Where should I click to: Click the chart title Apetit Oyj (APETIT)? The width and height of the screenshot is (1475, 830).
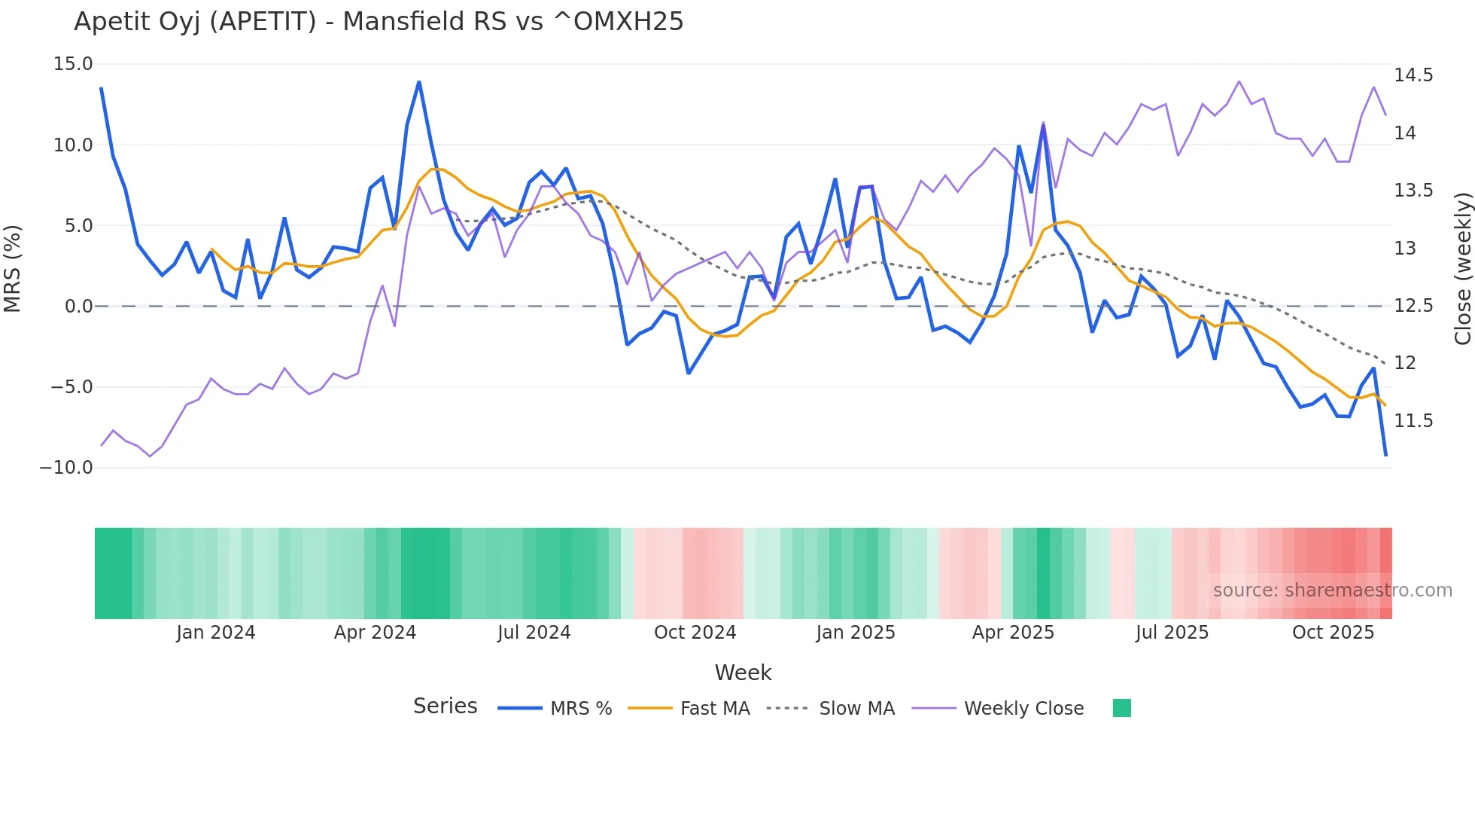(379, 22)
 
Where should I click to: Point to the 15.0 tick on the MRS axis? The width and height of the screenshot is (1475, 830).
(73, 64)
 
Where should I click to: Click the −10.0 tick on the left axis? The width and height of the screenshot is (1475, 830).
(66, 468)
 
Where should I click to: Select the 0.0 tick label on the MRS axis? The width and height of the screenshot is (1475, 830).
(78, 307)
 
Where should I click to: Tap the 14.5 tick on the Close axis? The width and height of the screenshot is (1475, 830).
(1413, 75)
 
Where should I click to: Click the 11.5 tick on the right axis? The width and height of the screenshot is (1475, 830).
(1413, 421)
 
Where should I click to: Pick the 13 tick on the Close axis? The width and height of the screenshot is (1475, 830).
(1405, 249)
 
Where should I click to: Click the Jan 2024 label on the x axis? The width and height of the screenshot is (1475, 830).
(216, 633)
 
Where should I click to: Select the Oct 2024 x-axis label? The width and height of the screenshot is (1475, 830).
(695, 633)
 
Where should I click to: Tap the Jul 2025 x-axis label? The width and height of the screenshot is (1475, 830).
(1172, 633)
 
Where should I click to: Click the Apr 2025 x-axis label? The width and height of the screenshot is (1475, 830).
(1013, 633)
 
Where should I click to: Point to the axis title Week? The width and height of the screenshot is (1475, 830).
(743, 673)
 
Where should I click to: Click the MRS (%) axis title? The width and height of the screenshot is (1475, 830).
(13, 269)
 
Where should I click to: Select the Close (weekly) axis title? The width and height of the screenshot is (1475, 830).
(1462, 269)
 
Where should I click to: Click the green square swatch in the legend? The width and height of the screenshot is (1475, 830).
(1121, 708)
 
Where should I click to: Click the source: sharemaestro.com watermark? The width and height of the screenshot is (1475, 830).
(1332, 590)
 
